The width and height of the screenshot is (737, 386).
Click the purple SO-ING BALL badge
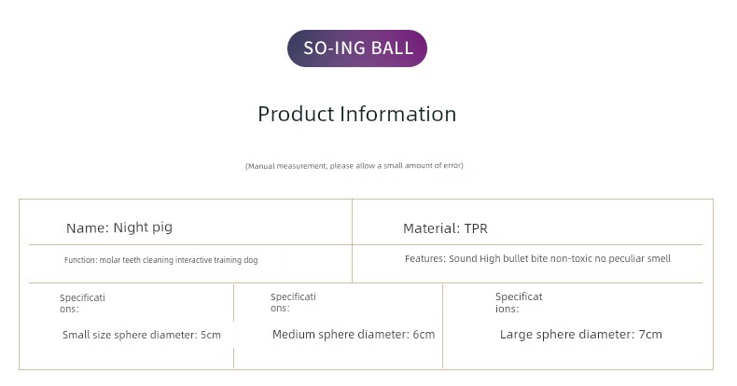click(357, 48)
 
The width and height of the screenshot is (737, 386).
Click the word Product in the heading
click(296, 114)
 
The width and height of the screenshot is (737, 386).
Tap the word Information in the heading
click(397, 114)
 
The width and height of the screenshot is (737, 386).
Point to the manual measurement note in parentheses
click(355, 166)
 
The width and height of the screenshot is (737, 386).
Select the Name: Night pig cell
click(119, 227)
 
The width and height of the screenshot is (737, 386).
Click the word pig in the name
click(162, 228)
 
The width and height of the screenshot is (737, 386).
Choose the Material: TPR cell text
click(446, 228)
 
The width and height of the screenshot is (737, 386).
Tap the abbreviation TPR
click(476, 228)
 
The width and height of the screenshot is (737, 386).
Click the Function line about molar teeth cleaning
click(160, 260)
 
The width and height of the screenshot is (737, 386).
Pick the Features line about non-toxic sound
click(537, 259)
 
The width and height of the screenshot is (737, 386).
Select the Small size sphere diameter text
click(142, 335)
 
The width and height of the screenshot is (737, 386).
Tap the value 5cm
click(211, 336)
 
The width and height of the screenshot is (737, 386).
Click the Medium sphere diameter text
click(354, 335)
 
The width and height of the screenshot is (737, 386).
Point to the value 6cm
click(424, 335)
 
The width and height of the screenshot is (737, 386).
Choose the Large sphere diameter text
click(581, 335)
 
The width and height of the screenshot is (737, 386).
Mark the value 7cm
click(650, 335)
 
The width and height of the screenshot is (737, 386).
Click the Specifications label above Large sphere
click(519, 303)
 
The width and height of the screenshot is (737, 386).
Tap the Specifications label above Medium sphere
click(293, 302)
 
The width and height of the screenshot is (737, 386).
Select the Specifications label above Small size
click(82, 303)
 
